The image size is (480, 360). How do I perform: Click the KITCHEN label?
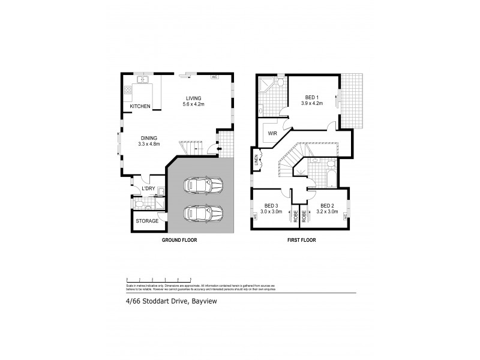pyautogui.click(x=140, y=106)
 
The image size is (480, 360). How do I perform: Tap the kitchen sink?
pyautogui.click(x=144, y=80)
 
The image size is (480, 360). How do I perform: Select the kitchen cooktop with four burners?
pyautogui.click(x=128, y=91)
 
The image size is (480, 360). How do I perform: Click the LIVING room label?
pyautogui.click(x=193, y=98)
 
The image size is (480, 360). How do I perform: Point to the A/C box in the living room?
pyautogui.click(x=214, y=77)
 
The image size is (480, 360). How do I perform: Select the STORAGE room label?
pyautogui.click(x=147, y=221)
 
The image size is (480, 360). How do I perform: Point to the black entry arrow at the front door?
pyautogui.click(x=208, y=151)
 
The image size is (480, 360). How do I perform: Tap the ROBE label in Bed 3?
pyautogui.click(x=296, y=217)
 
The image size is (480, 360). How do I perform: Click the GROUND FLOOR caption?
pyautogui.click(x=180, y=240)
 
